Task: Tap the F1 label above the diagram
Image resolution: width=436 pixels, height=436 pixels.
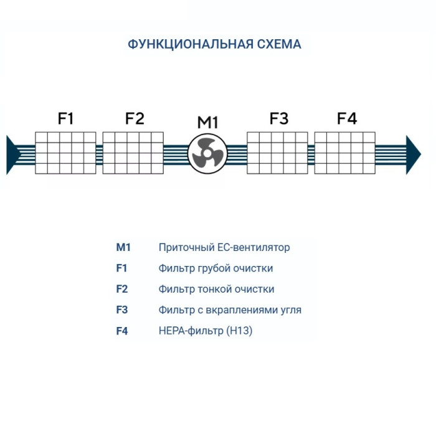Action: tap(66, 118)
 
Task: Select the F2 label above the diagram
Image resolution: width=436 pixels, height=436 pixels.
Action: tap(134, 118)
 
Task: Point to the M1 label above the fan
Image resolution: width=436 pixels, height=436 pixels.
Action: tap(207, 122)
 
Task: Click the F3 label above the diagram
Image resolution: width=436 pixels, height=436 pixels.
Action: tap(278, 118)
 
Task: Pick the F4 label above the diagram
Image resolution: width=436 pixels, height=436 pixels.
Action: tap(346, 118)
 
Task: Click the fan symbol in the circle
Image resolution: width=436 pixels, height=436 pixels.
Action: tap(206, 153)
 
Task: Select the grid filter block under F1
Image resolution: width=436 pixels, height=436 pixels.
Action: tap(65, 153)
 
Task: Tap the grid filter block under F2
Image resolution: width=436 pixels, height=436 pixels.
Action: tap(133, 153)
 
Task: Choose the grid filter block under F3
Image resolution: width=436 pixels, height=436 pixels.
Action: tap(277, 153)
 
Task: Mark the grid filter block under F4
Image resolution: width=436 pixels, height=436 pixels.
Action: tap(344, 153)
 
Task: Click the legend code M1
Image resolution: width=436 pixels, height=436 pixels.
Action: tap(123, 247)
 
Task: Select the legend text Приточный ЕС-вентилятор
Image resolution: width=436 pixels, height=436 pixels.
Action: tap(224, 247)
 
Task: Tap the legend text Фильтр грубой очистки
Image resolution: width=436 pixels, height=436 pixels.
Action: tap(216, 268)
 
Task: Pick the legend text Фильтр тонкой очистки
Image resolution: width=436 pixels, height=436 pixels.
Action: tap(216, 289)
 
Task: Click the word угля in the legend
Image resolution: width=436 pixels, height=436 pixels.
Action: tap(290, 310)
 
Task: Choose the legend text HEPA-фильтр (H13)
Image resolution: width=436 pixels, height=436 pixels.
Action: tap(206, 331)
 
